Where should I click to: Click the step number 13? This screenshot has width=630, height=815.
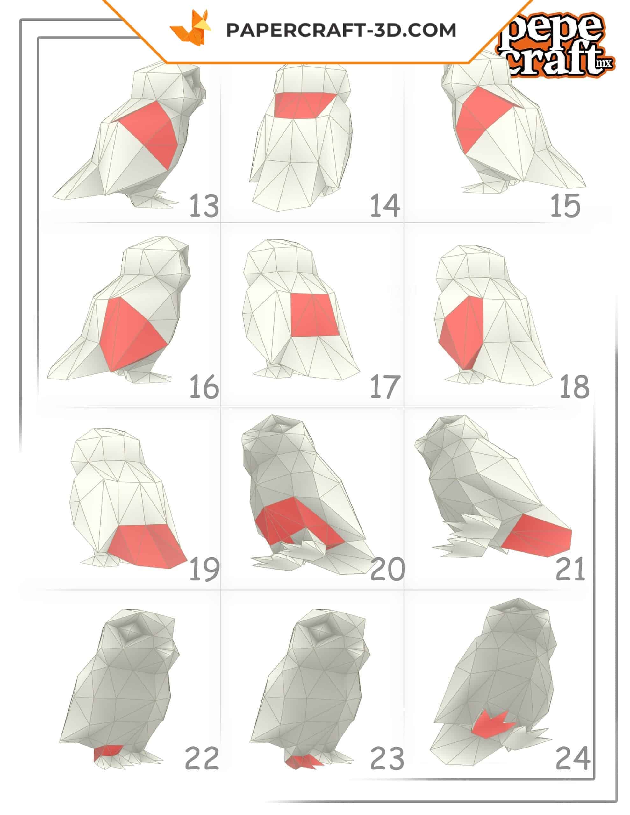tap(204, 206)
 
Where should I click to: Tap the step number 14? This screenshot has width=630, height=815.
tap(385, 206)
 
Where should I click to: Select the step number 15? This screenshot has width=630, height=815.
tap(565, 206)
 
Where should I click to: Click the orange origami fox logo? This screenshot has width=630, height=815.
tap(190, 28)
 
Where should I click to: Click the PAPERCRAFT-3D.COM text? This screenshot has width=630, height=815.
tap(341, 30)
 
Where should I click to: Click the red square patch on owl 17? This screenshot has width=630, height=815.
tap(314, 315)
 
